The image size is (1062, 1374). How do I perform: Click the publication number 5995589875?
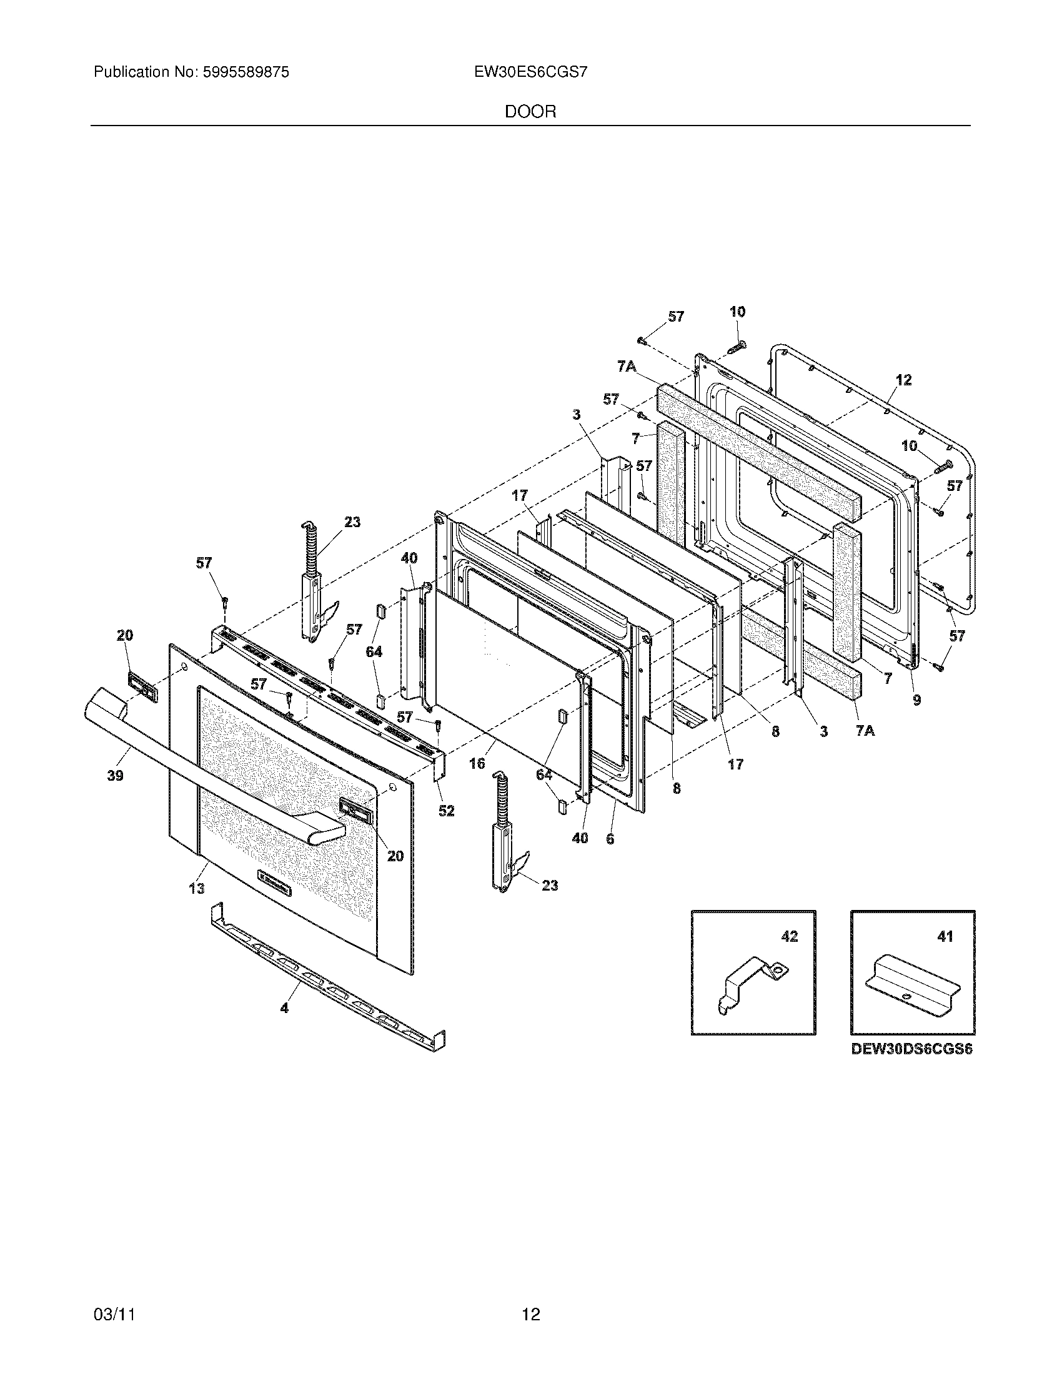click(246, 72)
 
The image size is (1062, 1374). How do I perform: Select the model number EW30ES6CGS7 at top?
click(531, 72)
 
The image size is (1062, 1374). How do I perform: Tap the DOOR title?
click(530, 112)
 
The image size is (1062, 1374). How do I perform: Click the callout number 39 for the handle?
click(115, 776)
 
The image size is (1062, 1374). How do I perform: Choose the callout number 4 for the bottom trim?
click(284, 1008)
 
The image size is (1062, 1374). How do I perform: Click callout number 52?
click(446, 811)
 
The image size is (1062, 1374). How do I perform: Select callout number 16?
click(477, 763)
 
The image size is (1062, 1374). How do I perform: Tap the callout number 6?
click(610, 839)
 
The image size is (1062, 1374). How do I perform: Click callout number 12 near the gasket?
click(903, 380)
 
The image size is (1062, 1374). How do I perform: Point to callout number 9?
click(916, 699)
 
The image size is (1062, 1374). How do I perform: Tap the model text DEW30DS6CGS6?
click(911, 1049)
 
